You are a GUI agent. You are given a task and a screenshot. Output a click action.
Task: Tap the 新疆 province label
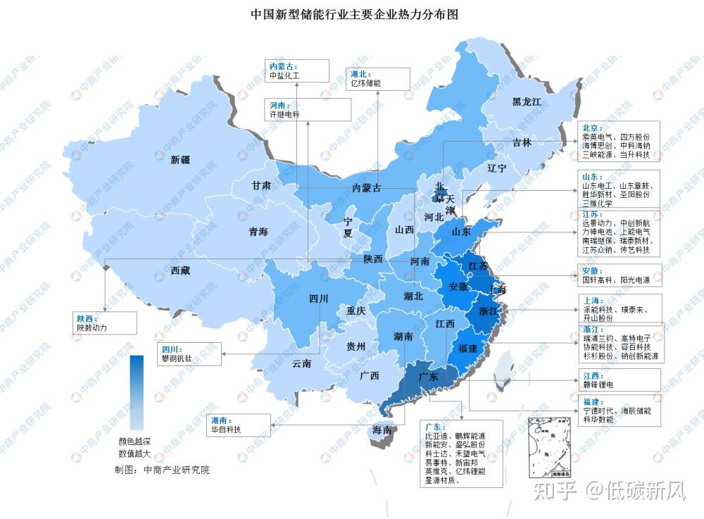pos(181,160)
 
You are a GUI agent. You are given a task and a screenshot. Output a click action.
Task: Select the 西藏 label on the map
pos(181,270)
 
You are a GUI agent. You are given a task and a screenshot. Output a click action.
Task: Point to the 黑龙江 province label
pos(527,102)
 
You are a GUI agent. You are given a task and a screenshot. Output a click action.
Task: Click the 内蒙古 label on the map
pos(367,188)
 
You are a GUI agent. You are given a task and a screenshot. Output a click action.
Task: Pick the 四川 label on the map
pos(319,299)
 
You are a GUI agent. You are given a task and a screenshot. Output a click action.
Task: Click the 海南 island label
pos(384,430)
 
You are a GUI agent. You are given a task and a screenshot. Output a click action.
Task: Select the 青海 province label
pos(258,232)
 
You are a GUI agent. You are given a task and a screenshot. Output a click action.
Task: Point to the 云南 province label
pos(302,363)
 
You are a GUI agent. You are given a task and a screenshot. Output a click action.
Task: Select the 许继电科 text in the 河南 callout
pos(285,113)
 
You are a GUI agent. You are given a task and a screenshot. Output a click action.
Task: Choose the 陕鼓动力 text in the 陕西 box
pos(92,327)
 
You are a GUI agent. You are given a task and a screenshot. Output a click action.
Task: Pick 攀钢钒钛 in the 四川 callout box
pos(176,358)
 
